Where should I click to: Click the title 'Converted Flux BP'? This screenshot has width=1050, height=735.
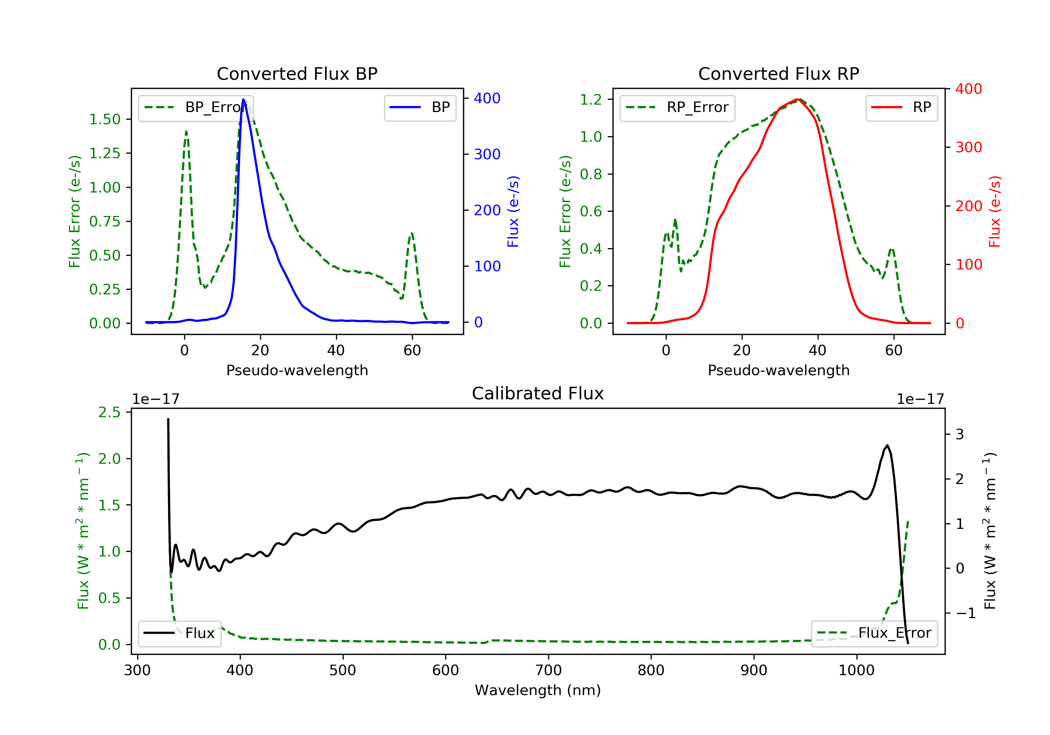tap(297, 73)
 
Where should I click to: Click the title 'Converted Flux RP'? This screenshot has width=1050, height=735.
tap(778, 73)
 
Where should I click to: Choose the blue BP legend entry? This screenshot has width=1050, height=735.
tap(420, 107)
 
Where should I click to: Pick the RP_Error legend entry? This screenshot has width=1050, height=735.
tap(677, 107)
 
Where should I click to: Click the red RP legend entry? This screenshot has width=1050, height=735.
tap(901, 107)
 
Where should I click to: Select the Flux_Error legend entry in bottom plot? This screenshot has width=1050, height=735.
tap(874, 633)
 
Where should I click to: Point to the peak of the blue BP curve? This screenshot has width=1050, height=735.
tap(243, 99)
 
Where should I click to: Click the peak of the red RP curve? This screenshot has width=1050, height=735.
tap(797, 99)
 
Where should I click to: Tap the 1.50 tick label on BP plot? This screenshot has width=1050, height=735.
tap(105, 119)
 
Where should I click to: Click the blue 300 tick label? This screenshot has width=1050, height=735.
tap(487, 154)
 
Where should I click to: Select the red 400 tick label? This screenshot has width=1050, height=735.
tap(968, 89)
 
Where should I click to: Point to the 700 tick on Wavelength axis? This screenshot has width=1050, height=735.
tap(548, 670)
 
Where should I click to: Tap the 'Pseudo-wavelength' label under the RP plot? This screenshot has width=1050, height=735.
tap(778, 370)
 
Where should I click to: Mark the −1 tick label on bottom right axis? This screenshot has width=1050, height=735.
tap(965, 613)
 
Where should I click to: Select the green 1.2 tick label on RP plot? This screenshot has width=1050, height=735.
tap(591, 99)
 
